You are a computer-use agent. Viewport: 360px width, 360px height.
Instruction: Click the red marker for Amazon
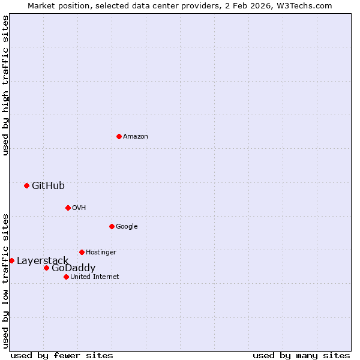click(x=119, y=136)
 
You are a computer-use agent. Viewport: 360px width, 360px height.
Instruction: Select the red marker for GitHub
click(x=26, y=185)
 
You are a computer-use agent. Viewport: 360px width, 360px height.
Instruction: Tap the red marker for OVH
click(x=68, y=208)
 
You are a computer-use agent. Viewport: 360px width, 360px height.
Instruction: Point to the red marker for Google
click(x=112, y=226)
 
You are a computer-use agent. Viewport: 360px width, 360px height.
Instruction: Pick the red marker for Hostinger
click(x=82, y=252)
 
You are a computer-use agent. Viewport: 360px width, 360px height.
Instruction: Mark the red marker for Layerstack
click(x=11, y=260)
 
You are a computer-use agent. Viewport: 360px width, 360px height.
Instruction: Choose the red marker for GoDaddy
click(x=46, y=268)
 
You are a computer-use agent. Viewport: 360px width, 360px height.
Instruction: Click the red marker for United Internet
click(x=66, y=277)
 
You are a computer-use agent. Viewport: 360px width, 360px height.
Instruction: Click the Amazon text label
click(x=136, y=137)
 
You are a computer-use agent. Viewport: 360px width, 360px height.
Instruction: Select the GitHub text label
click(x=48, y=186)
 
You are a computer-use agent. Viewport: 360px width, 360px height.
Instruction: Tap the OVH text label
click(x=79, y=208)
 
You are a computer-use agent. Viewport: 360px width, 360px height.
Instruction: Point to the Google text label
click(x=127, y=227)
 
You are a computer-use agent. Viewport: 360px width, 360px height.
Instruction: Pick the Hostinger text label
click(x=101, y=253)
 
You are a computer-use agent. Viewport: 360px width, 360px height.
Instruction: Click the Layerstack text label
click(x=43, y=261)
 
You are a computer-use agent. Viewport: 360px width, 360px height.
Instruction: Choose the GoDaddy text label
click(x=73, y=268)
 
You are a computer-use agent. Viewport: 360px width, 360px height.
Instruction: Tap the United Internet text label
click(x=95, y=277)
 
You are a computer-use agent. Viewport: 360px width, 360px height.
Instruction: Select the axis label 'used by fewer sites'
click(x=62, y=356)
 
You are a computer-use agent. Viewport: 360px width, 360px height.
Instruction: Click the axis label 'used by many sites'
click(x=301, y=356)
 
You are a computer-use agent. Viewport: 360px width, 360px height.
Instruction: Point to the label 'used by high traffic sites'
click(x=5, y=85)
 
